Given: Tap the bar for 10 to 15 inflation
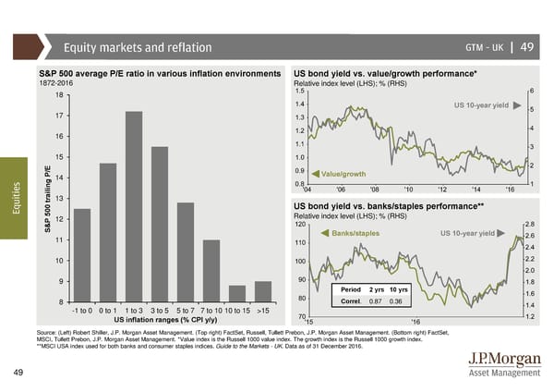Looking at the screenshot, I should pyautogui.click(x=237, y=293).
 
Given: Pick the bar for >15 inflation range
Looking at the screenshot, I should pyautogui.click(x=263, y=291).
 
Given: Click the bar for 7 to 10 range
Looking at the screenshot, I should pyautogui.click(x=211, y=271).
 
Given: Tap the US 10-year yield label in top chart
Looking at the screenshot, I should pyautogui.click(x=481, y=105).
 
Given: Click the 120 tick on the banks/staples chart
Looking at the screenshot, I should pyautogui.click(x=299, y=225).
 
